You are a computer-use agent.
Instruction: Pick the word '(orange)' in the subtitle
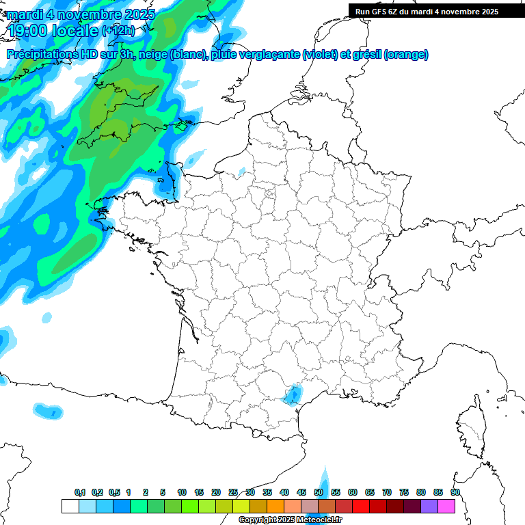click(x=406, y=55)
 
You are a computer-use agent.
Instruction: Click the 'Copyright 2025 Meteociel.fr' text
click(x=290, y=520)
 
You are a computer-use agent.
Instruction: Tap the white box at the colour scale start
click(x=70, y=507)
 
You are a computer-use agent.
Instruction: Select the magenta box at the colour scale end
click(x=446, y=507)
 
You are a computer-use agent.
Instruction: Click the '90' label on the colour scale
click(x=455, y=493)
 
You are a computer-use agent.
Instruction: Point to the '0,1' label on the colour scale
click(x=80, y=493)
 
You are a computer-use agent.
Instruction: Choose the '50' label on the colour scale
click(x=319, y=493)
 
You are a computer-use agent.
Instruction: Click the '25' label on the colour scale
click(x=233, y=493)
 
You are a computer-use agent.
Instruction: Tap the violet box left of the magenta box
click(x=429, y=507)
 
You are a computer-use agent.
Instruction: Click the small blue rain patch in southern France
click(x=293, y=394)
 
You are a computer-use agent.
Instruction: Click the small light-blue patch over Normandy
click(x=241, y=171)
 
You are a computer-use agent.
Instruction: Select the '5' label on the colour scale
click(x=163, y=493)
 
